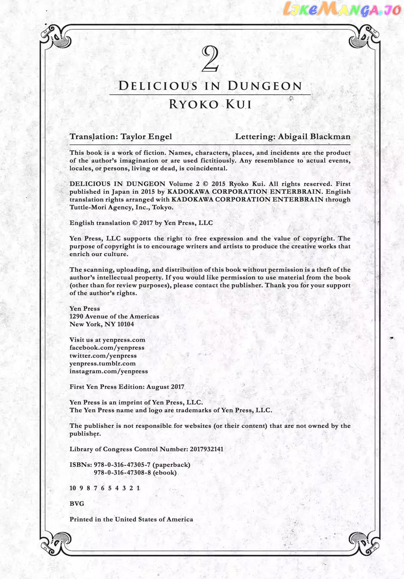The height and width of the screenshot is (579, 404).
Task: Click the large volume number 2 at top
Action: click(210, 59)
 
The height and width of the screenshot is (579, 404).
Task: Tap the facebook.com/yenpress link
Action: click(107, 348)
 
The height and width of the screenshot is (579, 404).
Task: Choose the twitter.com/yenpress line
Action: click(103, 356)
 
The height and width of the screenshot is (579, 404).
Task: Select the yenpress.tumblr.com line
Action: click(102, 363)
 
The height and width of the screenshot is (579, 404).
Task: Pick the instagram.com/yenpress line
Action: click(109, 371)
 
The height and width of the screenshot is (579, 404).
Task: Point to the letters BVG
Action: click(77, 504)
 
